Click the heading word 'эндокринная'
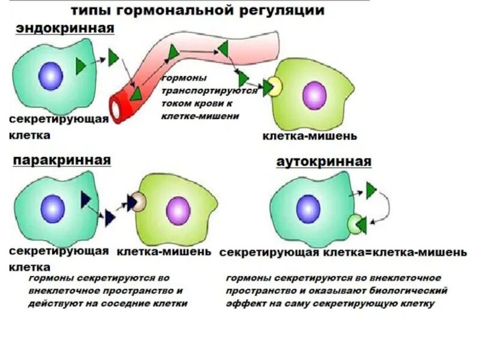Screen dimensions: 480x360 pos(65,28)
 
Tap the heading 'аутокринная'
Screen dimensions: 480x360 pos(324,162)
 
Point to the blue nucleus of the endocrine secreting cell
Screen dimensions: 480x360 pos(51,76)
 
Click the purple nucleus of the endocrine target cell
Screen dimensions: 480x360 pos(314,95)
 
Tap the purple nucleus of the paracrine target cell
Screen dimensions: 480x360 pos(178,209)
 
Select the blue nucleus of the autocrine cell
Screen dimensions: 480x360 pos(308,207)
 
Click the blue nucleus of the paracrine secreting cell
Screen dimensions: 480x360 pos(53,208)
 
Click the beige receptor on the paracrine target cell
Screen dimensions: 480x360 pos(139,202)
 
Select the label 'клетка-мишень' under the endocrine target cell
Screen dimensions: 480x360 pos(310,136)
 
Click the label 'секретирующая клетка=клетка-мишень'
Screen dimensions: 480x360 pos(343,253)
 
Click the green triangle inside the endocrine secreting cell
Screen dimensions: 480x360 pos(80,66)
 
